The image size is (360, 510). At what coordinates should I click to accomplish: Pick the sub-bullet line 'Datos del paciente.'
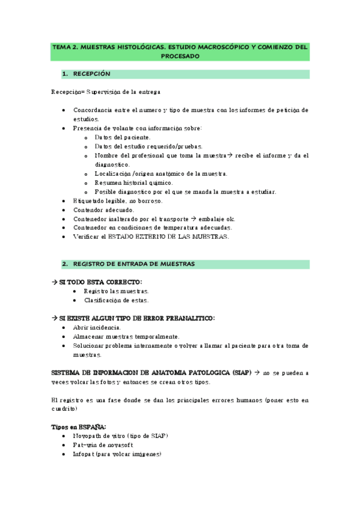123,137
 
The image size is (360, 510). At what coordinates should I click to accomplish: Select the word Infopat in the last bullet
85,454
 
